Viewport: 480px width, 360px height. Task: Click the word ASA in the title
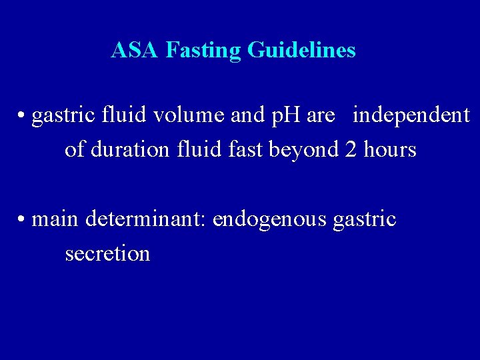(135, 50)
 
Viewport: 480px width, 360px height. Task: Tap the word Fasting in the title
(203, 50)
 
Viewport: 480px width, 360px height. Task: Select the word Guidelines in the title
(301, 50)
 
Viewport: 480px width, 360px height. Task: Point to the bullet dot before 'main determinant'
(22, 219)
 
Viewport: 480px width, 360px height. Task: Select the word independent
(411, 115)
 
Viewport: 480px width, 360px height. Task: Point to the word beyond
(304, 150)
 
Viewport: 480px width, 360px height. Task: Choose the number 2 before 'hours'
(351, 149)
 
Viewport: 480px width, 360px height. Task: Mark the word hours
(390, 149)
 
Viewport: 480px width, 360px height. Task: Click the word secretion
(107, 253)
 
